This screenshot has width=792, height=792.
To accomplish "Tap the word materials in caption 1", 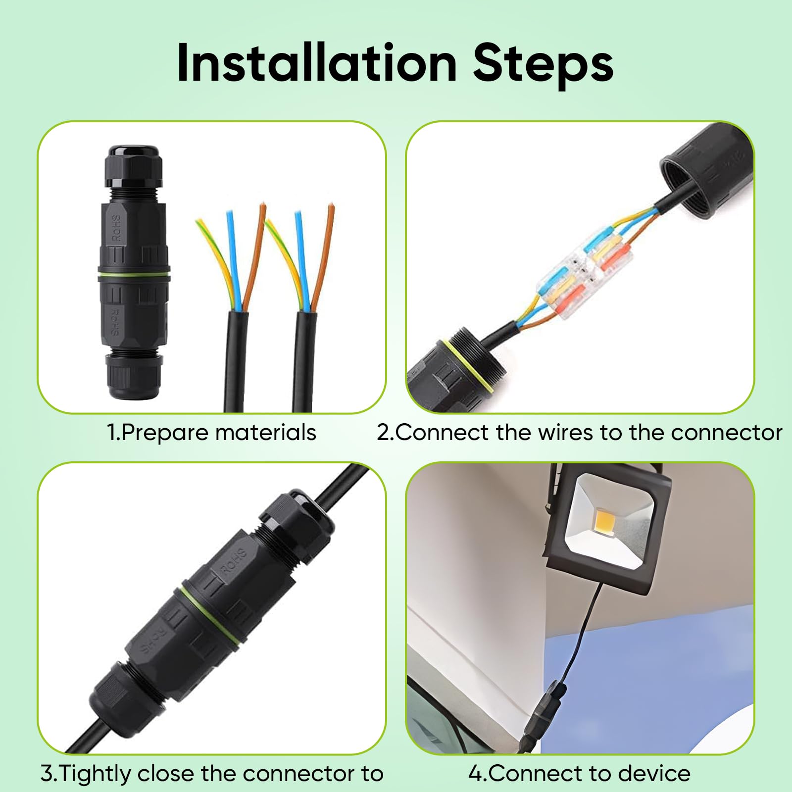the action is (265, 432).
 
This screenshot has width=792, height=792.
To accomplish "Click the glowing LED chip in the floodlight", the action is (610, 520).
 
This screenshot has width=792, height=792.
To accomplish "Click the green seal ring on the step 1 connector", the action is (134, 274).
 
